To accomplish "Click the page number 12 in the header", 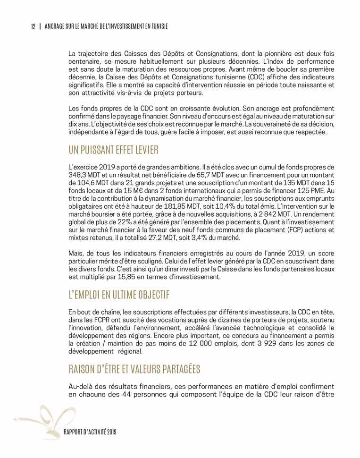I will [x=33, y=26].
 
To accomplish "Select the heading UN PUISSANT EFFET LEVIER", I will [x=113, y=151].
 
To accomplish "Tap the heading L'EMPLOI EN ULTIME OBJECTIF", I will [x=119, y=295].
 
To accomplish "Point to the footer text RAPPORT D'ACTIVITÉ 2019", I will [x=90, y=433].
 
